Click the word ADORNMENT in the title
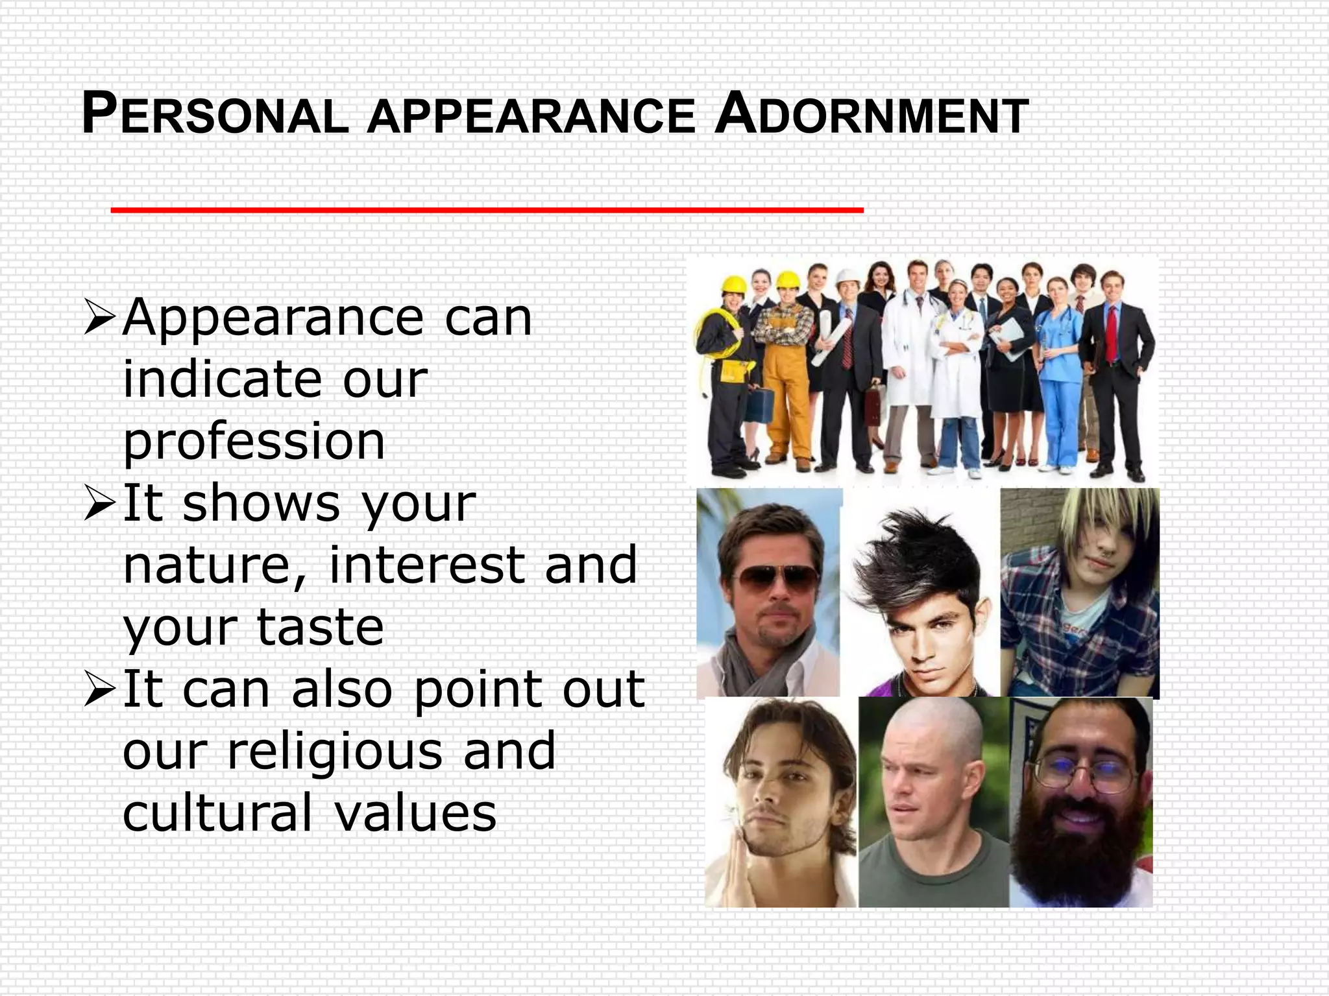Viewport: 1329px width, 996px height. [x=872, y=115]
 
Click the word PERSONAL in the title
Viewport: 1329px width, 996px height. [x=215, y=115]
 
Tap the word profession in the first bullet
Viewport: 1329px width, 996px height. [x=254, y=442]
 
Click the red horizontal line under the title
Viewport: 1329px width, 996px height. [x=487, y=209]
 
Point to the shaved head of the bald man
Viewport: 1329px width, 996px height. [x=932, y=726]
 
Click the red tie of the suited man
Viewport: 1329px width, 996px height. [x=1112, y=334]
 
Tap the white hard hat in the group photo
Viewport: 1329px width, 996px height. [x=847, y=278]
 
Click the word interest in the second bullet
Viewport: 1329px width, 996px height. [x=426, y=565]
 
